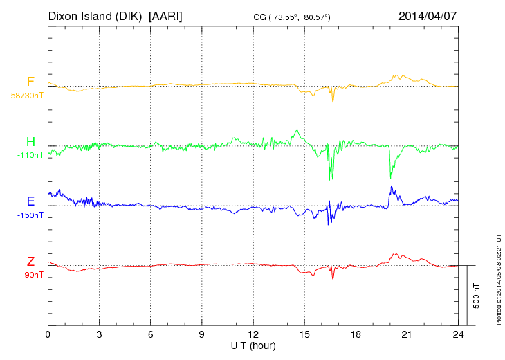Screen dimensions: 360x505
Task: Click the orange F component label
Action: pos(30,82)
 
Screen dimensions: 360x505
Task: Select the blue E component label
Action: pos(30,201)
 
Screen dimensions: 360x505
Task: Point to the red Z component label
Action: pos(30,262)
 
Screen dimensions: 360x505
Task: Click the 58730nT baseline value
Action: pos(27,96)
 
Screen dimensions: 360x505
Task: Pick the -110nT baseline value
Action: pos(30,155)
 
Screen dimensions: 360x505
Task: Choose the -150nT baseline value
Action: pos(30,215)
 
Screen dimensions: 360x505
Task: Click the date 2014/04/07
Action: pos(428,15)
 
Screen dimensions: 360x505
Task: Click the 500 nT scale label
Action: pos(477,296)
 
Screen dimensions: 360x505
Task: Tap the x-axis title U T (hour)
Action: pos(253,345)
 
